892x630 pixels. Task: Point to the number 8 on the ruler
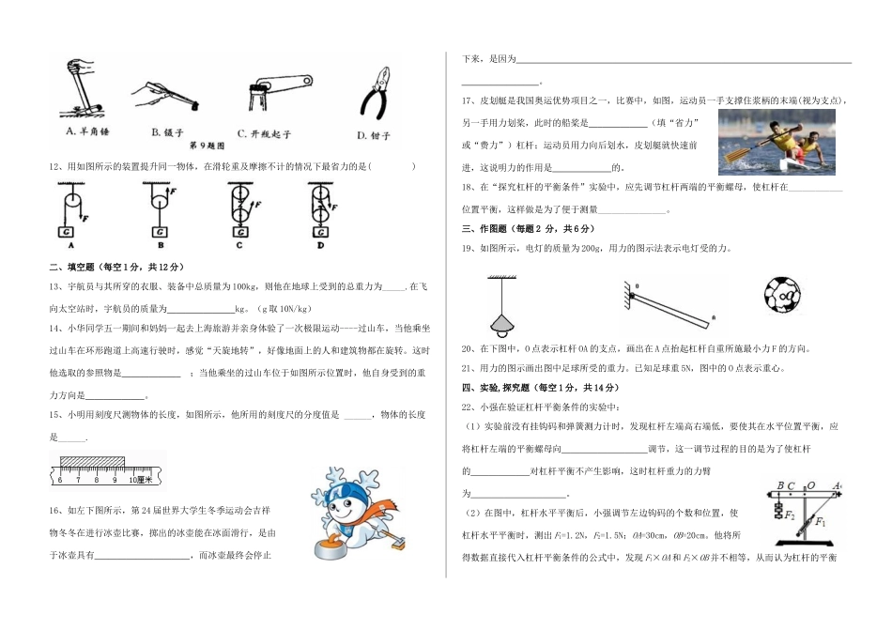pos(95,480)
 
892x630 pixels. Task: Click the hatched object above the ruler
pos(92,462)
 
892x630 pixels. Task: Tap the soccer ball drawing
pos(781,300)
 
